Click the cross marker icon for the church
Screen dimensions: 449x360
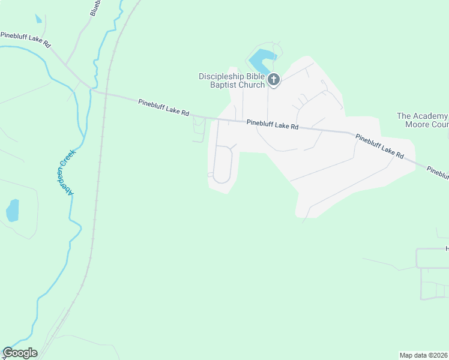pos(274,80)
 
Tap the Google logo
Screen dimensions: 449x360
pos(20,353)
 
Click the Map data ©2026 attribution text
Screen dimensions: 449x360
pos(424,355)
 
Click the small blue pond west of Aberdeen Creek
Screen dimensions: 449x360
pos(12,210)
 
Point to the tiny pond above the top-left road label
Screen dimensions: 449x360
pos(38,19)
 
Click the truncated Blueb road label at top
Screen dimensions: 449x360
pos(95,7)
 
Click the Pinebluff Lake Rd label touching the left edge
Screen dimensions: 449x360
pos(25,40)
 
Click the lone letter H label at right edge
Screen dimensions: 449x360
pos(447,248)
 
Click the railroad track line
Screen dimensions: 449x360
pos(96,198)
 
